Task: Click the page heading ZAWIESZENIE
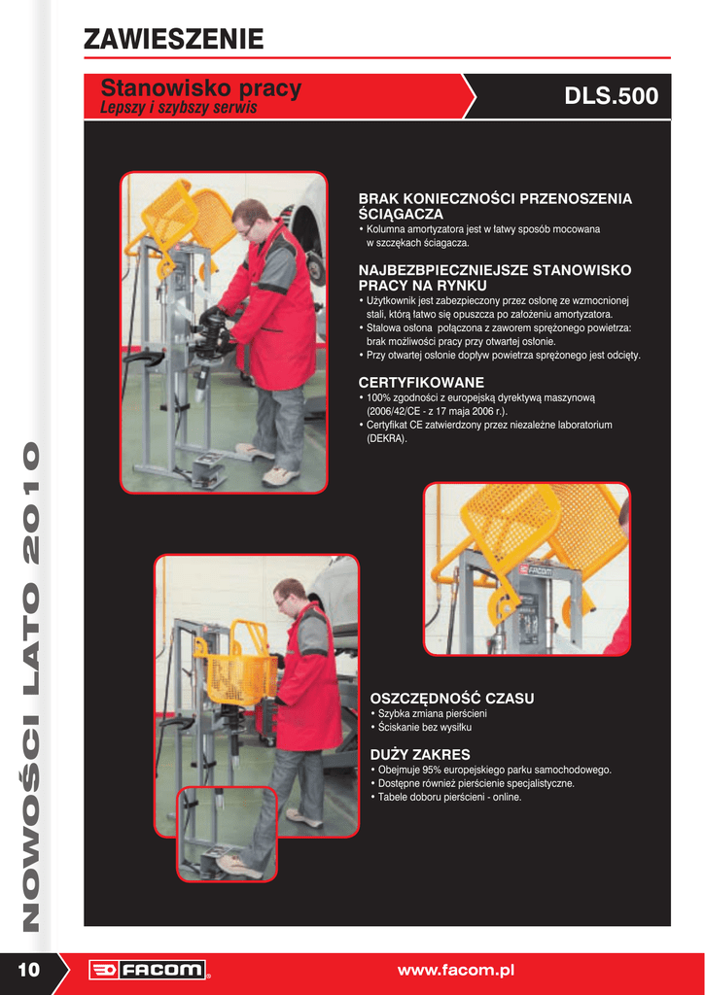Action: (173, 39)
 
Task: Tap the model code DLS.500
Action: (611, 96)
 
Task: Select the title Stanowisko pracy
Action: (200, 87)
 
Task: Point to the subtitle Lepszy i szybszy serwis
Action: (179, 108)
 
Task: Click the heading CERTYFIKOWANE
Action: (421, 383)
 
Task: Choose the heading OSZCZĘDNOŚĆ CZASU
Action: (451, 698)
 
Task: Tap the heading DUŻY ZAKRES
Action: (420, 754)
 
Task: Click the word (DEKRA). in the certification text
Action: (387, 438)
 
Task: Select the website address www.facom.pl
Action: (455, 971)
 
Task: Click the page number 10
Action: (28, 970)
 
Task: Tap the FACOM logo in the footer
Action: (148, 970)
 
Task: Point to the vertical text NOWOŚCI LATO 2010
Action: (30, 687)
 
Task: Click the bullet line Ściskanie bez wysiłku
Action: (420, 727)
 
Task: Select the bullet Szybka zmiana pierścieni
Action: (429, 713)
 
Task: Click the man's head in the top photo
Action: (250, 218)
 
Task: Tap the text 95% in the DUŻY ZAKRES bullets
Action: (433, 770)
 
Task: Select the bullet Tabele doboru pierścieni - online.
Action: (445, 797)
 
